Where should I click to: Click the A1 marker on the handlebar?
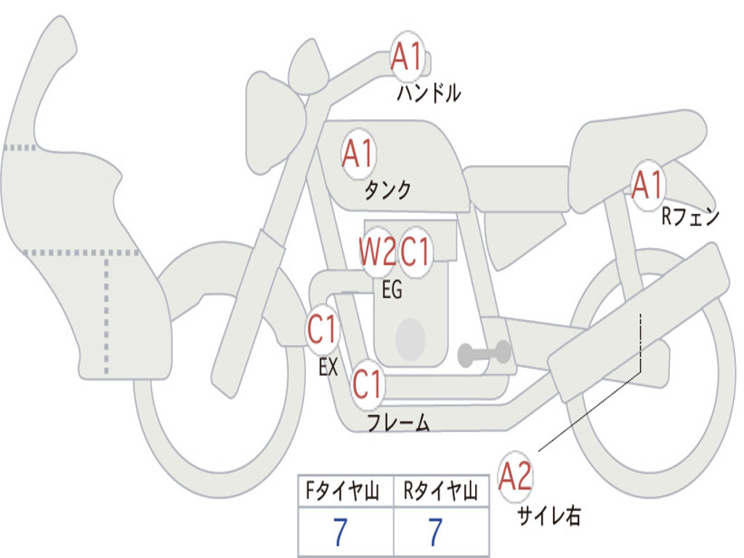pos(407,56)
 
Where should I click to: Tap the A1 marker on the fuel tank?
pos(359,153)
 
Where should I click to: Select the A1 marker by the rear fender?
pos(647,185)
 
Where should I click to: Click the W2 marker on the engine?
pos(377,251)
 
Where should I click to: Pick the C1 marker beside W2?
pos(415,251)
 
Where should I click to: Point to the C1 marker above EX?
pos(322,329)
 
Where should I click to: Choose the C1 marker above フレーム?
pos(367,384)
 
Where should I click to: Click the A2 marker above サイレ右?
pos(515,475)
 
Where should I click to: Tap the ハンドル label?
pos(429,93)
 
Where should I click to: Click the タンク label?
pos(387,190)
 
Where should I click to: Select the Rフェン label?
pos(690,217)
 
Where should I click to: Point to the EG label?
pos(392,289)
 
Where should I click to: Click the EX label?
pos(328,367)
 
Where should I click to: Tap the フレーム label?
pos(399,422)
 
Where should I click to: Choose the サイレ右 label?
pos(549,515)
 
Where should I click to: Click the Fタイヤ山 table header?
pos(343,490)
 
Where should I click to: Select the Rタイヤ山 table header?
pos(440,490)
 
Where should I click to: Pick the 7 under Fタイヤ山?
pos(340,532)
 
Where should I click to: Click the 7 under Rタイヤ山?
pos(436,532)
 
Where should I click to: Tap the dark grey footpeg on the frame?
pos(484,354)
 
